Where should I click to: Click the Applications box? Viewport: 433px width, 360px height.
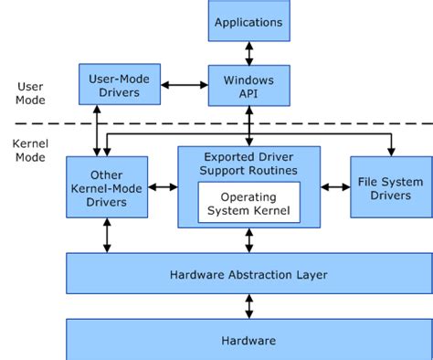tap(248, 21)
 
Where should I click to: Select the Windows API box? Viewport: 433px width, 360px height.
tap(248, 88)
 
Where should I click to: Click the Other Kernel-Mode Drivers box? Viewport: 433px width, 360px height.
tap(107, 187)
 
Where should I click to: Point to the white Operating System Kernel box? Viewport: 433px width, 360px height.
tap(248, 204)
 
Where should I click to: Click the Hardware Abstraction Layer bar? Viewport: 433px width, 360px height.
tap(248, 274)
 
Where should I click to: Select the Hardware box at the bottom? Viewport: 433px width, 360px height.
tap(248, 340)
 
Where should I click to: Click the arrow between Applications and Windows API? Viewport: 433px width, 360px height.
tap(248, 53)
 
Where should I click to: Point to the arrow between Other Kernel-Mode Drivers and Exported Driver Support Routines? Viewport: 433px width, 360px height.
tap(163, 187)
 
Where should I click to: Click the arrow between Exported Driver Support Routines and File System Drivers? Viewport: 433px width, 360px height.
tap(334, 187)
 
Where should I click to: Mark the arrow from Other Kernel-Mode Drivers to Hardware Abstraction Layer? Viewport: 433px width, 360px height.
tap(108, 236)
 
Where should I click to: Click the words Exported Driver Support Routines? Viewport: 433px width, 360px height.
tap(248, 164)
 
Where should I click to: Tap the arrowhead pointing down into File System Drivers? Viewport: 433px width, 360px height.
tap(392, 149)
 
